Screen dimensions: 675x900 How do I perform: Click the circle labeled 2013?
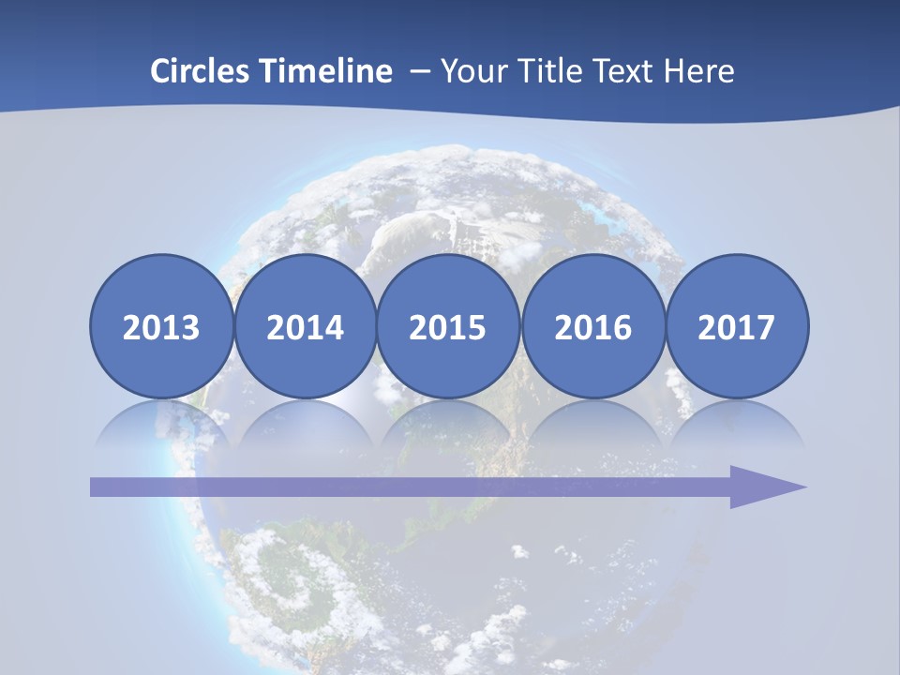tap(161, 327)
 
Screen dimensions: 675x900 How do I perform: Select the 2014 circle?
tap(305, 327)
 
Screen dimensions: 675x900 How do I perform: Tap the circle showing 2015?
tap(448, 327)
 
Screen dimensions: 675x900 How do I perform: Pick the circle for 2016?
tap(592, 327)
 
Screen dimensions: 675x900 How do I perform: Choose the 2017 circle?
tap(736, 327)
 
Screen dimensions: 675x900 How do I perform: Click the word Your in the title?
tap(472, 71)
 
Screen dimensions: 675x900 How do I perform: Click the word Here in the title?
tap(698, 71)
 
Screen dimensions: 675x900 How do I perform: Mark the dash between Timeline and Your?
tap(420, 71)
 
